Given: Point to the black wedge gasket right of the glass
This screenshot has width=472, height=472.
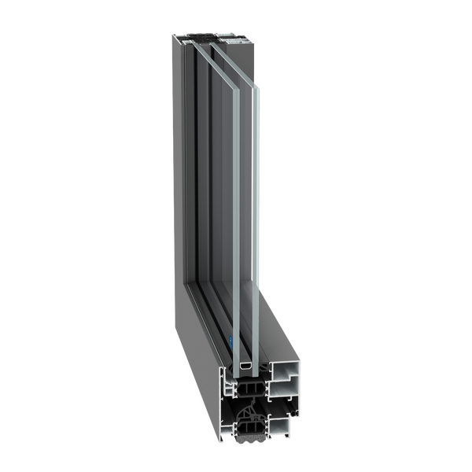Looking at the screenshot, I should (265, 364).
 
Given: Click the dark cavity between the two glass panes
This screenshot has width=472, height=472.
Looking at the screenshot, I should (246, 236).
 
